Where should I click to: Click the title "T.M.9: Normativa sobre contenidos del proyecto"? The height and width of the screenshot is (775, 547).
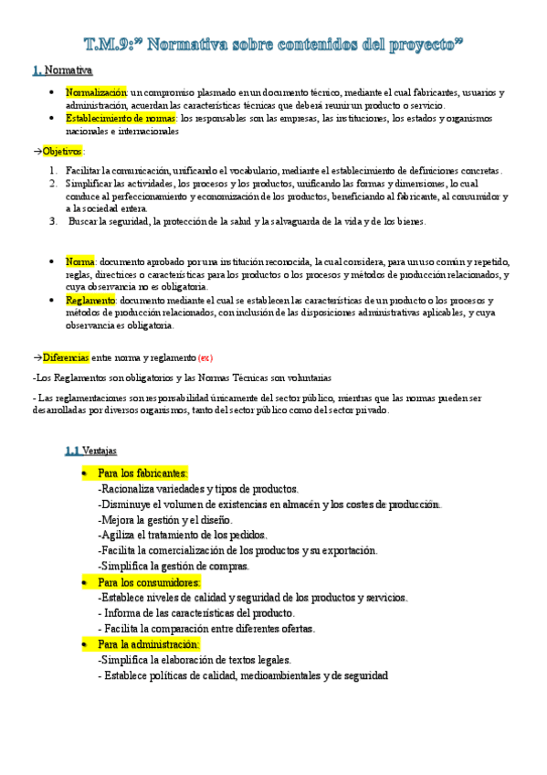(273, 43)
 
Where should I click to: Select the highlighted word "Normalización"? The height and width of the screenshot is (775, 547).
(96, 93)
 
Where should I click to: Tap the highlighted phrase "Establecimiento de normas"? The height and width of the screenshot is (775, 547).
(121, 119)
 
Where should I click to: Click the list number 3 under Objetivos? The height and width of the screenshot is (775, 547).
(54, 221)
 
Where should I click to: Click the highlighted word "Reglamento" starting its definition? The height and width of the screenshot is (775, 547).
(90, 301)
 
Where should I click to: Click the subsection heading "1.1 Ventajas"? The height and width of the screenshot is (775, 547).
(89, 451)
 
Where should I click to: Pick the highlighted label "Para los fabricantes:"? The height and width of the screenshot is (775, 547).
(142, 473)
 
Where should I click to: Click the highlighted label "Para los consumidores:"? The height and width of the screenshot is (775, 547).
(149, 582)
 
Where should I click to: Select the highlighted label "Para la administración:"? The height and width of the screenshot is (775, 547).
(153, 644)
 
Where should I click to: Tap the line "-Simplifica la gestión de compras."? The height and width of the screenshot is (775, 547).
(173, 567)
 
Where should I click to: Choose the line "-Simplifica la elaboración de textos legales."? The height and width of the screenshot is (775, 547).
(194, 660)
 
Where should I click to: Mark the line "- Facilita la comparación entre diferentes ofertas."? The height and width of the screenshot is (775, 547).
(206, 629)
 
